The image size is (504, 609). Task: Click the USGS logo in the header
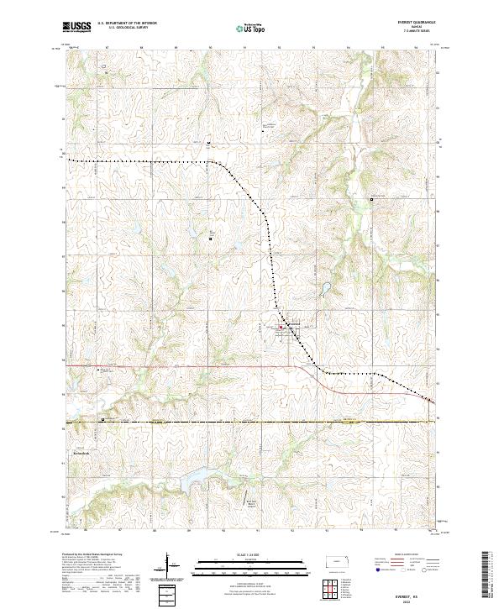point(76,27)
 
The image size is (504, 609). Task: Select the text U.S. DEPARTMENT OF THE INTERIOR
point(127,24)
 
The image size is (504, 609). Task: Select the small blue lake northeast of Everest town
point(323,293)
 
